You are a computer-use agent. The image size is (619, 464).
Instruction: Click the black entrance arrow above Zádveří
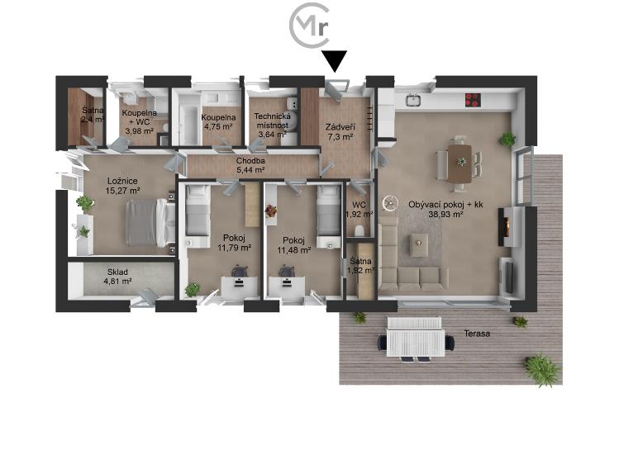point(334,61)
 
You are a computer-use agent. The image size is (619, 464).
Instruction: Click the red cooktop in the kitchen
point(473,100)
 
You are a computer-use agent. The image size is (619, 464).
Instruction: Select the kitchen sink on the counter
point(413,100)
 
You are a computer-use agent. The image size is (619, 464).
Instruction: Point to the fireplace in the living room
point(507,226)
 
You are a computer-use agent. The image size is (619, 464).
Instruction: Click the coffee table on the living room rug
point(419,244)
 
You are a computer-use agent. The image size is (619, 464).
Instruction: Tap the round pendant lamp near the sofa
point(390,202)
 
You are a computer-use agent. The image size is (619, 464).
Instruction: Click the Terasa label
point(477,334)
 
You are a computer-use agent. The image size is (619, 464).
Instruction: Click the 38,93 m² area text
point(445,215)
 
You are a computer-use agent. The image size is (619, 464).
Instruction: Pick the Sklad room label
point(117,272)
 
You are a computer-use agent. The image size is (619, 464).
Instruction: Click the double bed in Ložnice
point(150,223)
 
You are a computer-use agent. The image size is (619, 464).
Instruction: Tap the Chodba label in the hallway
point(250,161)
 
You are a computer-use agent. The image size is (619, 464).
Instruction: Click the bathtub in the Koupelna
point(187,119)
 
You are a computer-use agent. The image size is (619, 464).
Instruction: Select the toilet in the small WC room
point(359,230)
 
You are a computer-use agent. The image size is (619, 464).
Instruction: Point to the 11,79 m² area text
point(235,248)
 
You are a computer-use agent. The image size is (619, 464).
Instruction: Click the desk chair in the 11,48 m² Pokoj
point(286,272)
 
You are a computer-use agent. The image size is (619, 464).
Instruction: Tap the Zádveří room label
point(340,127)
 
